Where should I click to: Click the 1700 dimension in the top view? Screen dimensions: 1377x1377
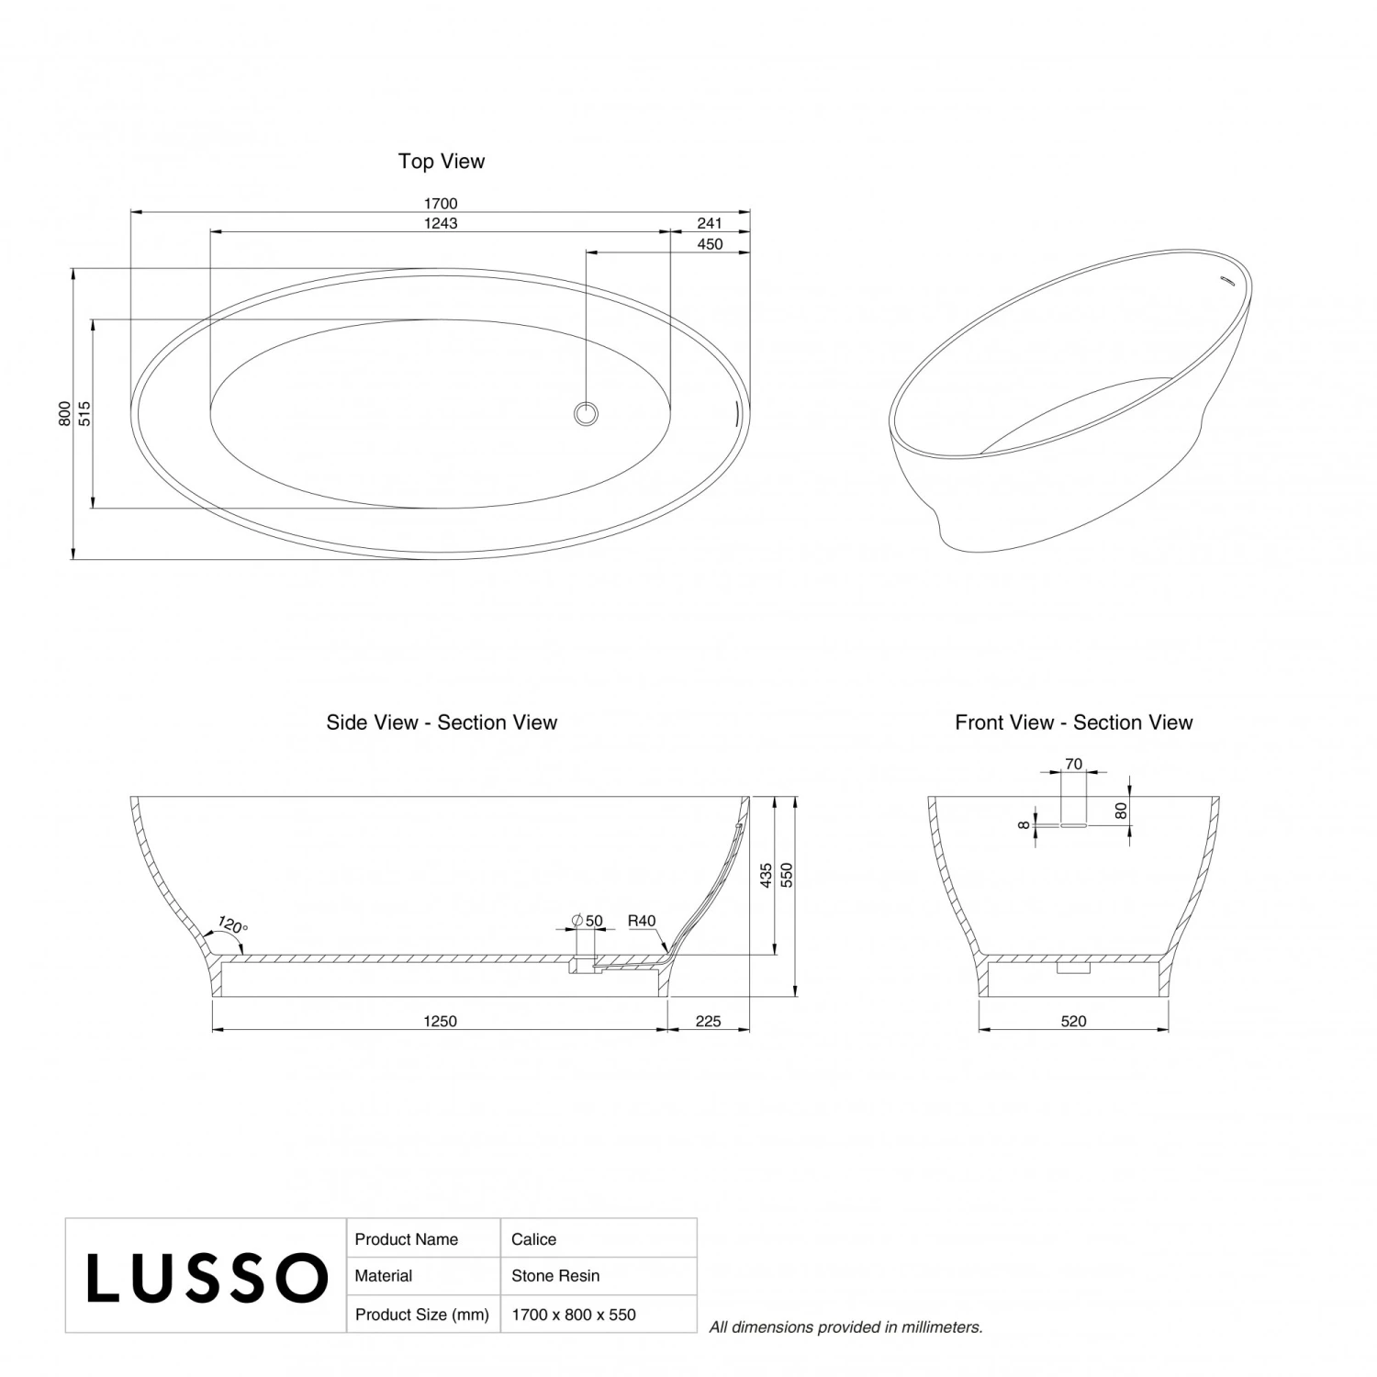441,204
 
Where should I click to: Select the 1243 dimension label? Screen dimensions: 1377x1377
441,223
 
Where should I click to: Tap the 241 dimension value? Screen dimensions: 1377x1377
710,223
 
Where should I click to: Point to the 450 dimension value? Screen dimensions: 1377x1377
710,244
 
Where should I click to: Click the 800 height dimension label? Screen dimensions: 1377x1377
64,413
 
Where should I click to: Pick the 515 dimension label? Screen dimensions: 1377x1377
84,413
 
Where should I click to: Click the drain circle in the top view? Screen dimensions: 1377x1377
586,413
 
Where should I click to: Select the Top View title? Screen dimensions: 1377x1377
441,162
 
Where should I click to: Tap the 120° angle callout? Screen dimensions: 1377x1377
232,924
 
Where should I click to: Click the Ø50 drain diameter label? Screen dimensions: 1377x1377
588,921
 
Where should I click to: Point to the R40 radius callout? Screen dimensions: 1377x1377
642,921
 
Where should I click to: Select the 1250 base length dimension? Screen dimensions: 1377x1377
440,1022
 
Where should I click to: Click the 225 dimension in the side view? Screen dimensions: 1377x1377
708,1022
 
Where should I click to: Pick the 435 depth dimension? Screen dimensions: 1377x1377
767,876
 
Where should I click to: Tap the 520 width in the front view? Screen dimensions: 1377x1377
1073,1022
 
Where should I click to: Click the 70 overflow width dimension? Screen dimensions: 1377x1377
1073,764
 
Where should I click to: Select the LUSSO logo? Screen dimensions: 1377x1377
207,1277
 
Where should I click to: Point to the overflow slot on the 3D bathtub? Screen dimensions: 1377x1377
1226,280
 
